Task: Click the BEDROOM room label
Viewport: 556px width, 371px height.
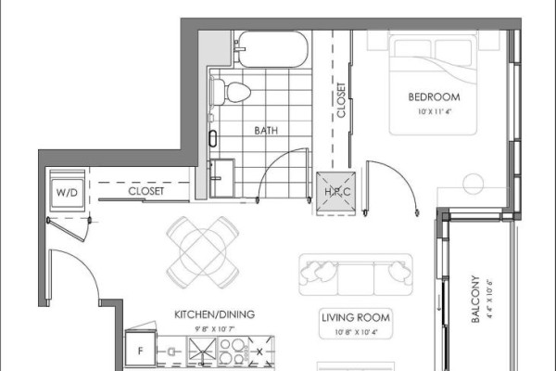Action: (434, 96)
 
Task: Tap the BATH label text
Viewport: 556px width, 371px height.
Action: (266, 131)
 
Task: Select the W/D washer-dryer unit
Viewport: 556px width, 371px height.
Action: (67, 191)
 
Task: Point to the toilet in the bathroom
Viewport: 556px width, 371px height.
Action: (231, 92)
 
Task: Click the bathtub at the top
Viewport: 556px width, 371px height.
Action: (272, 49)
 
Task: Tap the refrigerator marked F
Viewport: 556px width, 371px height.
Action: (141, 350)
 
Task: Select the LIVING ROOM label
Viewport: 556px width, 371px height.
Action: (356, 317)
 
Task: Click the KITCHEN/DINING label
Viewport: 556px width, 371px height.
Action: (215, 314)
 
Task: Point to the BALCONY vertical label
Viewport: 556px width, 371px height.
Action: (475, 299)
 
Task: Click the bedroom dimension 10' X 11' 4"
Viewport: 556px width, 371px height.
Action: (435, 111)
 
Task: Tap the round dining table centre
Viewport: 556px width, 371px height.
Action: (203, 252)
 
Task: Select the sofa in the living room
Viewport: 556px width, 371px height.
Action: (356, 275)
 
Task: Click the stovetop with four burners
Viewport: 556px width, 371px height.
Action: (234, 352)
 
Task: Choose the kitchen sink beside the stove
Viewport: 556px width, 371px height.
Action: (202, 352)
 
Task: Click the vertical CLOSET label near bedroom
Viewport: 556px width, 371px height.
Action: (341, 100)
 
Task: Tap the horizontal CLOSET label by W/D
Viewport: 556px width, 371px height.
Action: (146, 191)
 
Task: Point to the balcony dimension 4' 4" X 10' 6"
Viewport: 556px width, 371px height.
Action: (489, 299)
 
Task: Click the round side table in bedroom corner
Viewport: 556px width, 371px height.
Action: (474, 184)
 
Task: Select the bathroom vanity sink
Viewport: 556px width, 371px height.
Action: (222, 178)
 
